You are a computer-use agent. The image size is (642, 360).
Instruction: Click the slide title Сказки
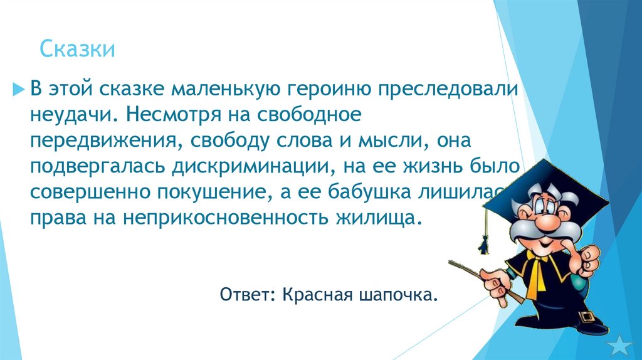coord(78,49)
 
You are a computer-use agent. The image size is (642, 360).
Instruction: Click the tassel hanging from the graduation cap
coord(483,241)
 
